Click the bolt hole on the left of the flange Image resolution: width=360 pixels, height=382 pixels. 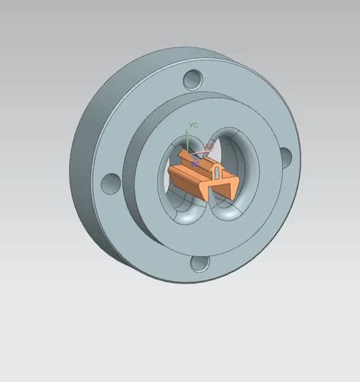pos(111,183)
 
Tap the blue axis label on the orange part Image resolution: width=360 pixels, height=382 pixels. pos(195,163)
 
